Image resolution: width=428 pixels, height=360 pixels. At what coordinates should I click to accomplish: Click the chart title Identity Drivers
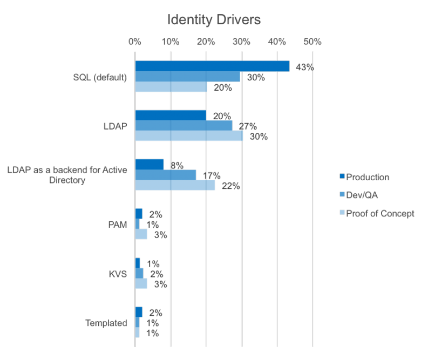click(x=214, y=20)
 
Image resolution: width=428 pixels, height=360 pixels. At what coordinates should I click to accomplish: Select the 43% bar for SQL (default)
click(x=212, y=66)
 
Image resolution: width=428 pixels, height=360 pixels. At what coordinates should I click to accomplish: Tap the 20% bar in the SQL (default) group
click(x=170, y=87)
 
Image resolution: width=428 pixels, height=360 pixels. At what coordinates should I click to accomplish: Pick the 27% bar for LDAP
click(x=184, y=125)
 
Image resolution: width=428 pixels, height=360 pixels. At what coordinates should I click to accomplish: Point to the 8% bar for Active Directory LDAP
click(x=149, y=165)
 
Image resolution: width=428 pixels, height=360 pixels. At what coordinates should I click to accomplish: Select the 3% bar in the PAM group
click(x=141, y=234)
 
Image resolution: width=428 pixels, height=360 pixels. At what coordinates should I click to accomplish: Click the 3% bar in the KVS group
click(x=141, y=283)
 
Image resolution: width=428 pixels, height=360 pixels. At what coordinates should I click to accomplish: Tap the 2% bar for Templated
click(x=139, y=312)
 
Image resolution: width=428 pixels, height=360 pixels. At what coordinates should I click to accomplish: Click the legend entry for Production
click(x=367, y=177)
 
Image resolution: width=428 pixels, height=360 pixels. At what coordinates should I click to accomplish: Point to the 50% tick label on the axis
click(x=312, y=42)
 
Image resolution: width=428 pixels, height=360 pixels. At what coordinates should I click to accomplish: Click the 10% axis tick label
click(x=170, y=42)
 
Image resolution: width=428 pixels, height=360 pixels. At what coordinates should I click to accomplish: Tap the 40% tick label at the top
click(x=277, y=42)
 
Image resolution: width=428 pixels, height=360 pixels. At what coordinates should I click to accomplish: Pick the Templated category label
click(x=106, y=323)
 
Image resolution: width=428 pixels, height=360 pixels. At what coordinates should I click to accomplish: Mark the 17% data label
click(x=212, y=175)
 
